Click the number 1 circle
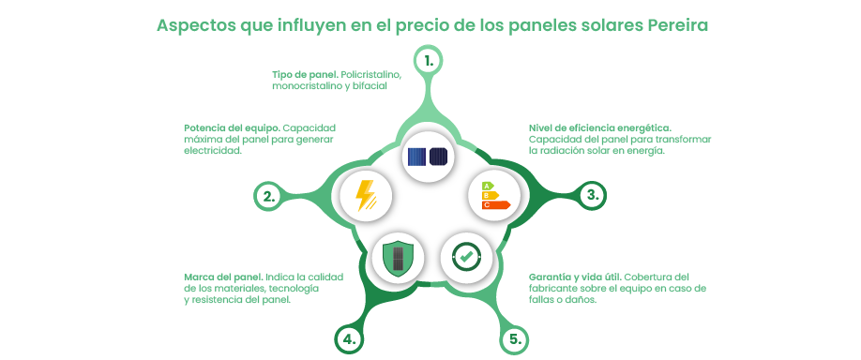click(429, 61)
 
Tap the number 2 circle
click(268, 196)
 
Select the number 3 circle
click(592, 195)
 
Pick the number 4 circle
click(349, 338)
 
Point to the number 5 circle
click(513, 338)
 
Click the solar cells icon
click(429, 155)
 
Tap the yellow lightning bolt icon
click(364, 195)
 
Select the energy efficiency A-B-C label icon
click(494, 194)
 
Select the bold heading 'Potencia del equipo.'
click(232, 127)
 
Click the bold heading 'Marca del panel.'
click(224, 277)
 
